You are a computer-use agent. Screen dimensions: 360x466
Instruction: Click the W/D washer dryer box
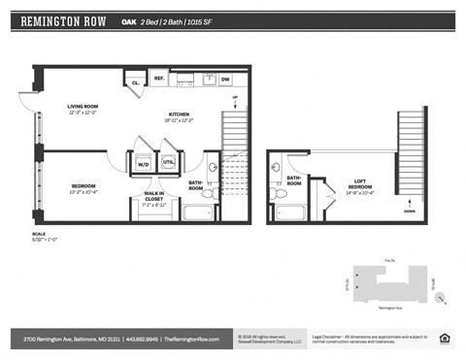point(144,163)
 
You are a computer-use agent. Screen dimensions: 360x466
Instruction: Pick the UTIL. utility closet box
point(168,162)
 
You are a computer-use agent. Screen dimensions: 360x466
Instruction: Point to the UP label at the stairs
point(234,98)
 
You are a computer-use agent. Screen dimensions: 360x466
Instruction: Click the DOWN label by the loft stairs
point(410,210)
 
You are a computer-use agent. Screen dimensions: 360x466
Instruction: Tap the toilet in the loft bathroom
point(282,193)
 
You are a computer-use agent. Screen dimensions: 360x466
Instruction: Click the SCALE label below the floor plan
point(40,233)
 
